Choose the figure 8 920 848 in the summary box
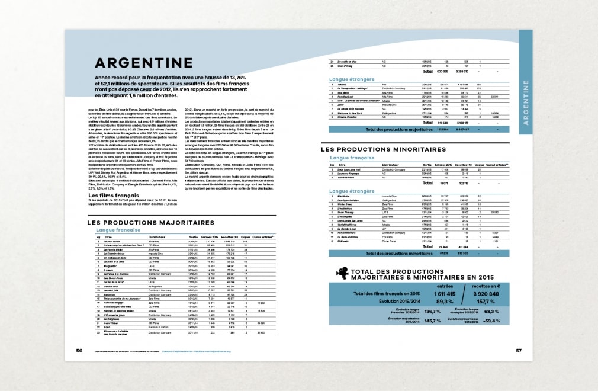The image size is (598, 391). (x=487, y=293)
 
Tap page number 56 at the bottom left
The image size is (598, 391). (x=79, y=350)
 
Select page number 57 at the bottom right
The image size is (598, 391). (x=518, y=350)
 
